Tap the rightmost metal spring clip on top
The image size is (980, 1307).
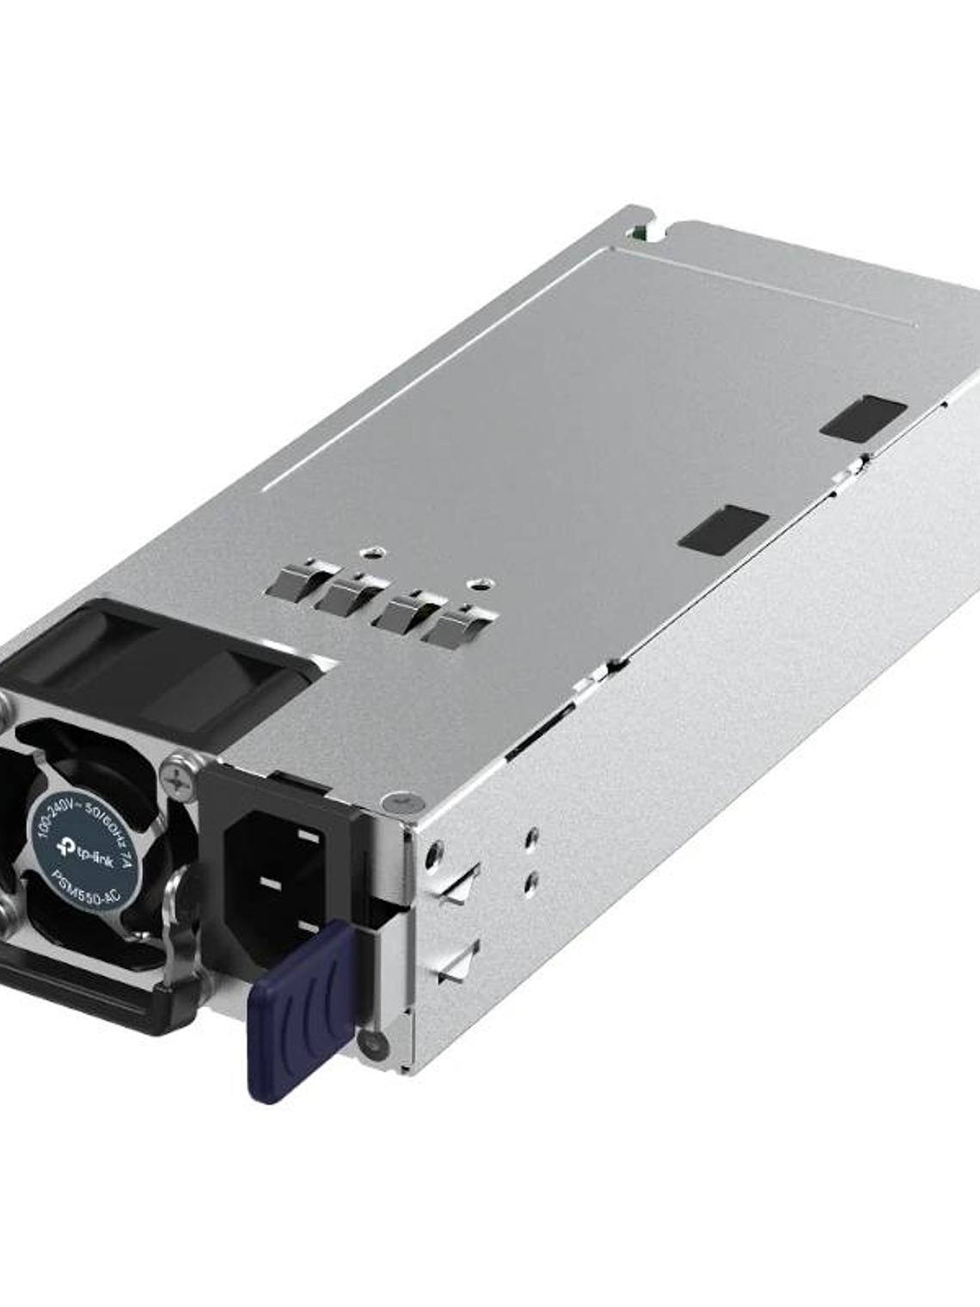pos(455,633)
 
